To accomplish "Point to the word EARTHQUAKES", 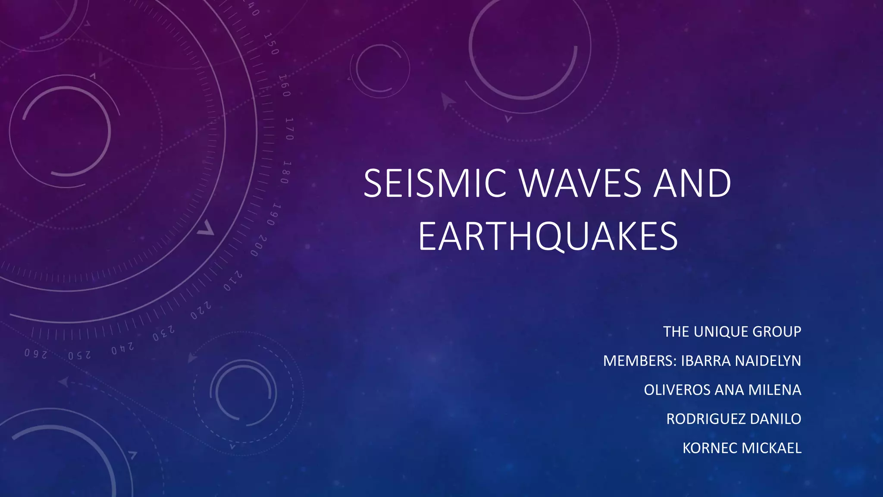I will tap(548, 236).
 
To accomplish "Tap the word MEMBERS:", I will tap(640, 361).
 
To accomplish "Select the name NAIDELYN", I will tap(768, 361).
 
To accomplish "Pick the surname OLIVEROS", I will tap(677, 390).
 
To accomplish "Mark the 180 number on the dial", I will tap(285, 173).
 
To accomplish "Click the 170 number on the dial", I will tap(289, 129).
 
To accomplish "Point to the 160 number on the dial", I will tap(284, 85).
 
